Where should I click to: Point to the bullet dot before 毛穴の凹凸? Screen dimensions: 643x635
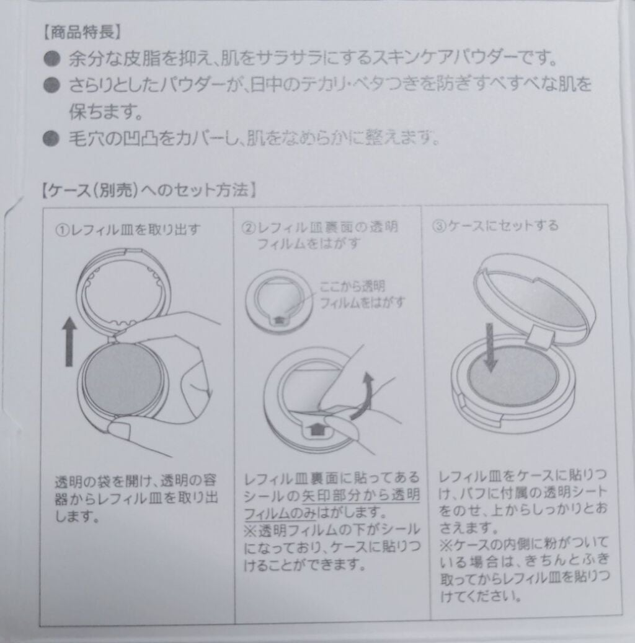coord(51,138)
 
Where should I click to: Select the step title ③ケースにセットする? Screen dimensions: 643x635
coord(495,224)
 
